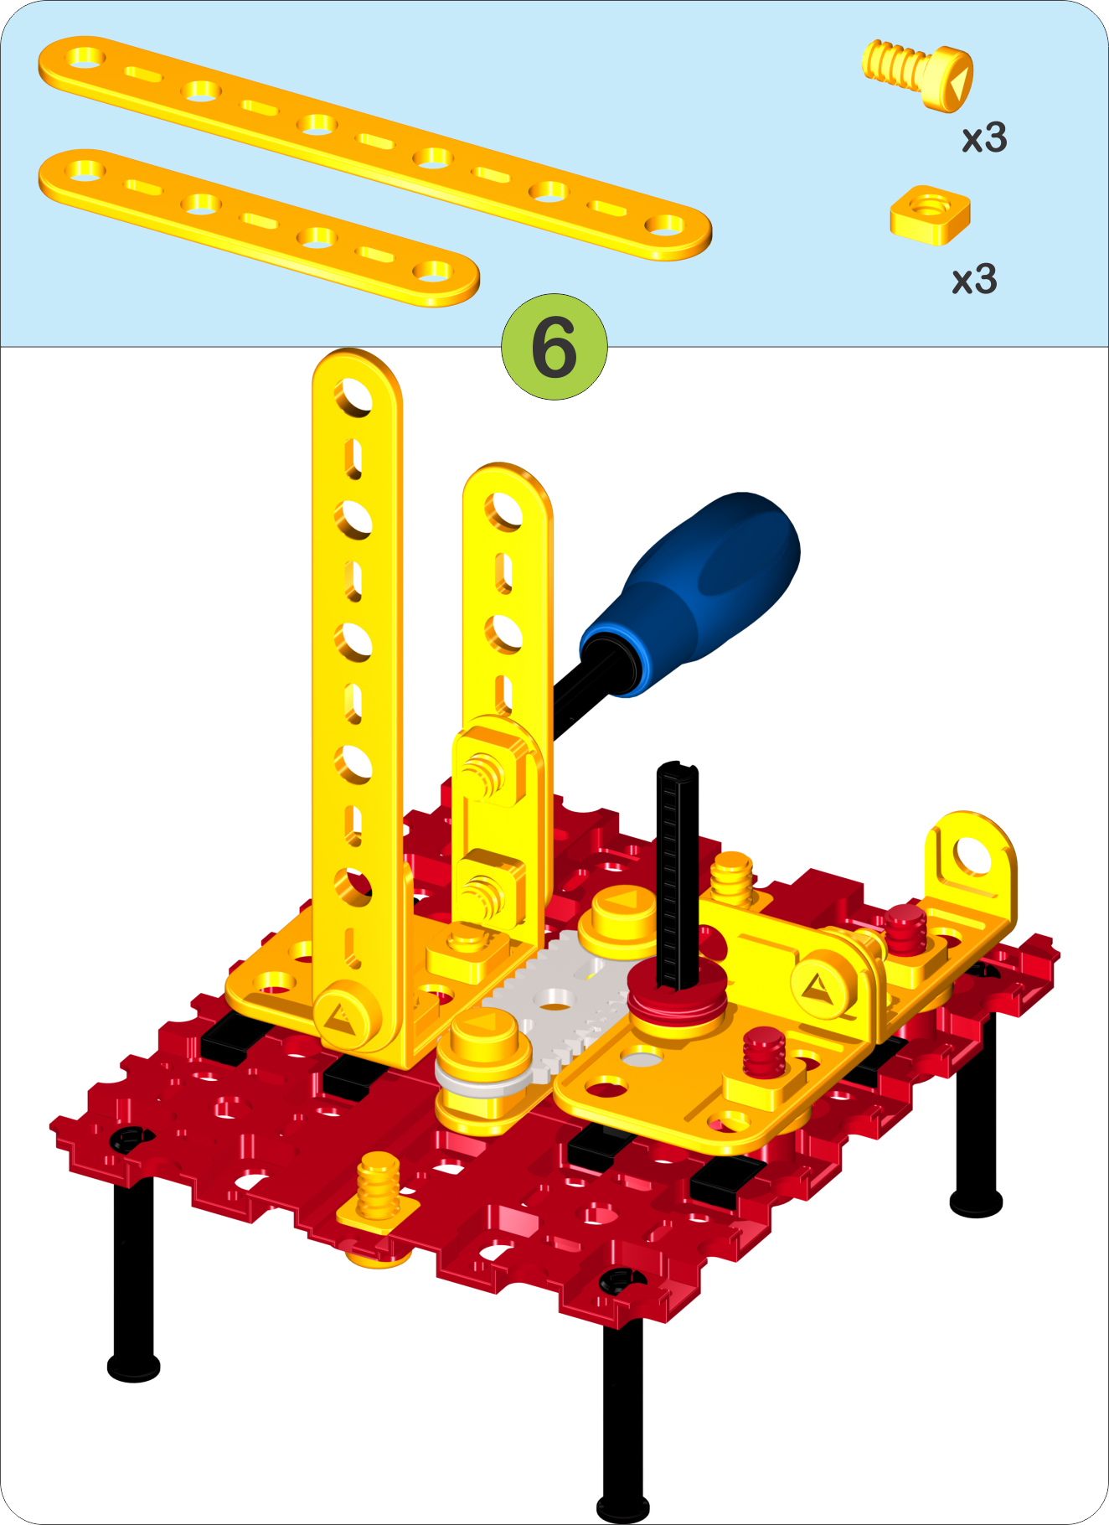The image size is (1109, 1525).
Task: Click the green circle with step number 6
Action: point(554,346)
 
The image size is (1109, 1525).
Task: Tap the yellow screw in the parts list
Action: point(918,74)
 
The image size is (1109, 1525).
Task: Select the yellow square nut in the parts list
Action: point(930,215)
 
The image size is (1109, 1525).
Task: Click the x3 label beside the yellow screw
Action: point(984,138)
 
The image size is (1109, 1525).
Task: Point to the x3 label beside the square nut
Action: point(975,279)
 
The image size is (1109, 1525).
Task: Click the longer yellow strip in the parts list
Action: point(374,147)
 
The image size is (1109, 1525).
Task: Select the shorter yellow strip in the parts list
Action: point(259,227)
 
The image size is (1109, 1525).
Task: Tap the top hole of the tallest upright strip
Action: point(353,395)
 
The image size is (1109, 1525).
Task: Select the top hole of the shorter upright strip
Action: point(504,510)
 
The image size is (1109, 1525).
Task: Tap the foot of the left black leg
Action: point(133,1367)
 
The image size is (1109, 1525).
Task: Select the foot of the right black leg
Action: point(976,1202)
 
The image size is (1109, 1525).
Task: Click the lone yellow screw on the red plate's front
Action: point(378,1190)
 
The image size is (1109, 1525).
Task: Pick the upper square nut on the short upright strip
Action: point(489,766)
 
